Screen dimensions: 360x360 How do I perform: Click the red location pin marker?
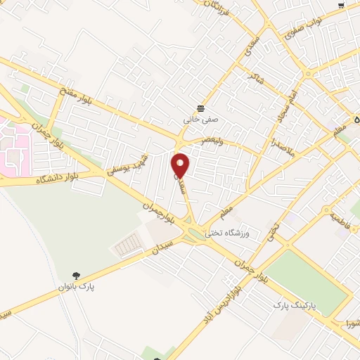coord(181,165)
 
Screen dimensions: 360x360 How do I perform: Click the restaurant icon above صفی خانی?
coord(202,108)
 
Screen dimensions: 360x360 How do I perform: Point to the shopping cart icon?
coord(341,6)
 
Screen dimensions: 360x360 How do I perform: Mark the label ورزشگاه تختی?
coord(229,231)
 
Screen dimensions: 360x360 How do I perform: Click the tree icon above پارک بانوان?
coord(77,276)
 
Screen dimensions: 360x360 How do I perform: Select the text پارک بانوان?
coord(77,287)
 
